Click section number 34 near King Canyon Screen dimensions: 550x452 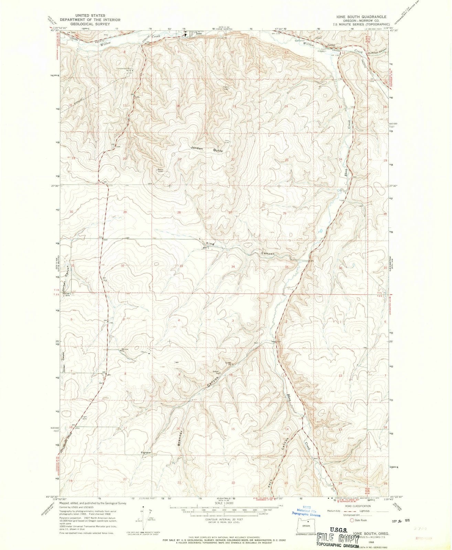click(x=233, y=267)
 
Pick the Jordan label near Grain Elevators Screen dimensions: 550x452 click(x=331, y=45)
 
